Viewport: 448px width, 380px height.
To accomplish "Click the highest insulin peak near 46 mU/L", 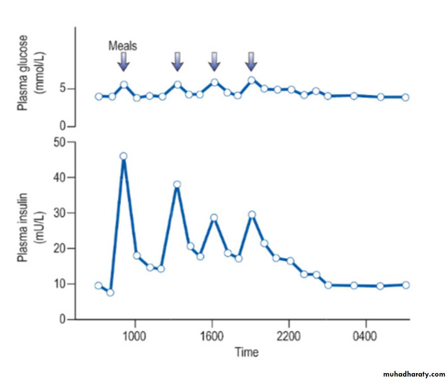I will tap(123, 156).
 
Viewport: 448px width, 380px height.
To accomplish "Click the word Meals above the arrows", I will tap(122, 45).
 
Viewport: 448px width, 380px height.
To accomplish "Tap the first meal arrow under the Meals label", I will tap(123, 62).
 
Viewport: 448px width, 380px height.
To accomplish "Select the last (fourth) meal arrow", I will tap(251, 62).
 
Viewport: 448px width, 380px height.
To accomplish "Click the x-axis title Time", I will tap(247, 352).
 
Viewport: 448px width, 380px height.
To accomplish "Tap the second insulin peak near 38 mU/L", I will tap(177, 184).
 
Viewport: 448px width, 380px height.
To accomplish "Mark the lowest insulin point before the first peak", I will tap(110, 293).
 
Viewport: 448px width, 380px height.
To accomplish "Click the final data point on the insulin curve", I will tap(406, 285).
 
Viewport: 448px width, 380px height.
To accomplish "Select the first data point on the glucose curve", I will tap(99, 97).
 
